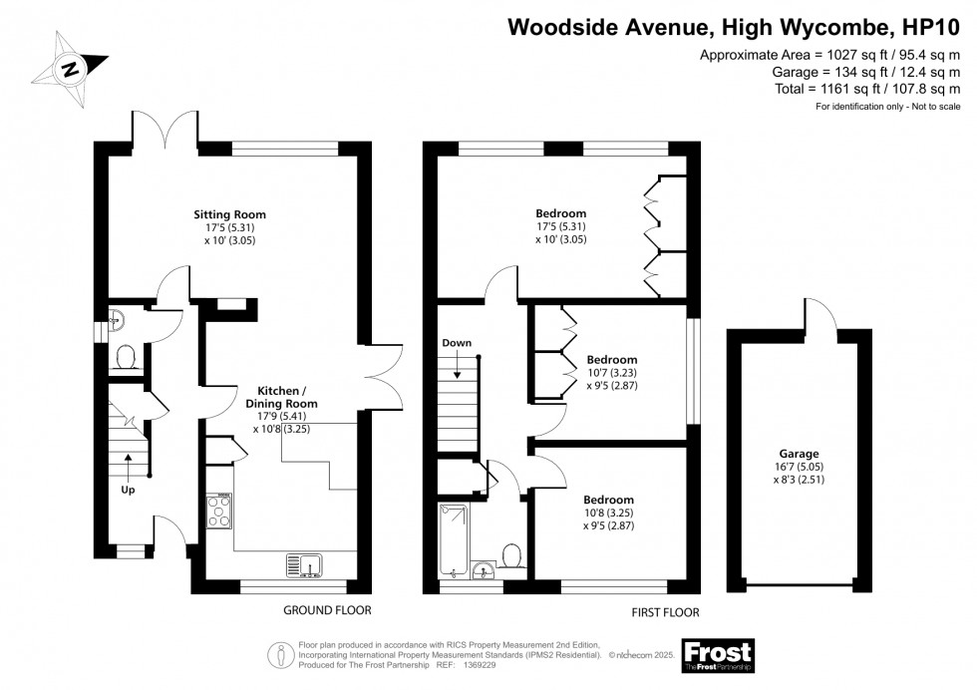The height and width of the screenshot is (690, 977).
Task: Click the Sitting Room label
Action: [x=229, y=214]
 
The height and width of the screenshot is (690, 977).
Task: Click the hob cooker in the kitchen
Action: [x=219, y=512]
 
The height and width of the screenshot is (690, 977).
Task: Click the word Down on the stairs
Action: [x=457, y=343]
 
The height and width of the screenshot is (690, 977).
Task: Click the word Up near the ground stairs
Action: [x=128, y=490]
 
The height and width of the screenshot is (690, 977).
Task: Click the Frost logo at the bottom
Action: [x=717, y=654]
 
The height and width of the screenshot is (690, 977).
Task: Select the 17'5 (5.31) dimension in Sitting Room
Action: [x=229, y=227]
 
